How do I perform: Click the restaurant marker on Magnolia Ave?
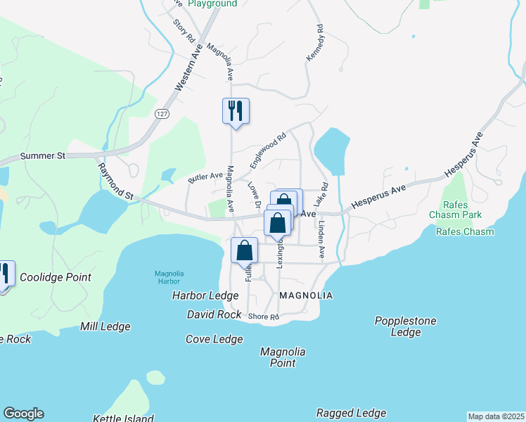click(236, 110)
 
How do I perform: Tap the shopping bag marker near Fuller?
click(245, 251)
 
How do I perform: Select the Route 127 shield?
click(162, 113)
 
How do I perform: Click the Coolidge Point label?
click(56, 277)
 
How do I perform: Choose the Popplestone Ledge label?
click(405, 326)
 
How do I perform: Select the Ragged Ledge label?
click(351, 413)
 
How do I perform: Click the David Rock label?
click(214, 314)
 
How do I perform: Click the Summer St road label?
click(42, 155)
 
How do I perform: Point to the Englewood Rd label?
click(268, 151)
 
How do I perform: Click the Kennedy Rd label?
click(314, 44)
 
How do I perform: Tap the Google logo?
click(23, 414)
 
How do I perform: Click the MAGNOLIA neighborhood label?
click(305, 295)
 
